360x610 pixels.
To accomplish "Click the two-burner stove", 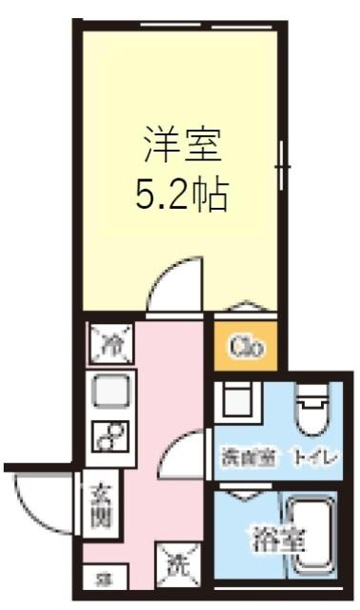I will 111,437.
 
